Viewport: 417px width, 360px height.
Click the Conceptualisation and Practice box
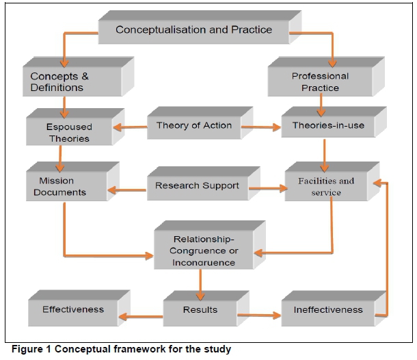193,29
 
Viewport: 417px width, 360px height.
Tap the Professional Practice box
320,81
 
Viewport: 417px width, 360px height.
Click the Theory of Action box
193,125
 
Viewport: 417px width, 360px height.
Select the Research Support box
196,185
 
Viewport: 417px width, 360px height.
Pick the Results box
200,310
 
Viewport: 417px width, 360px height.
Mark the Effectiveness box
73,309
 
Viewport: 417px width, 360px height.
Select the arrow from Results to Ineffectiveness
260,316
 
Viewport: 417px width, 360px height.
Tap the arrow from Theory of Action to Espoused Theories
129,126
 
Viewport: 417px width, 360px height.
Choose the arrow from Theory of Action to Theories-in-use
263,126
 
